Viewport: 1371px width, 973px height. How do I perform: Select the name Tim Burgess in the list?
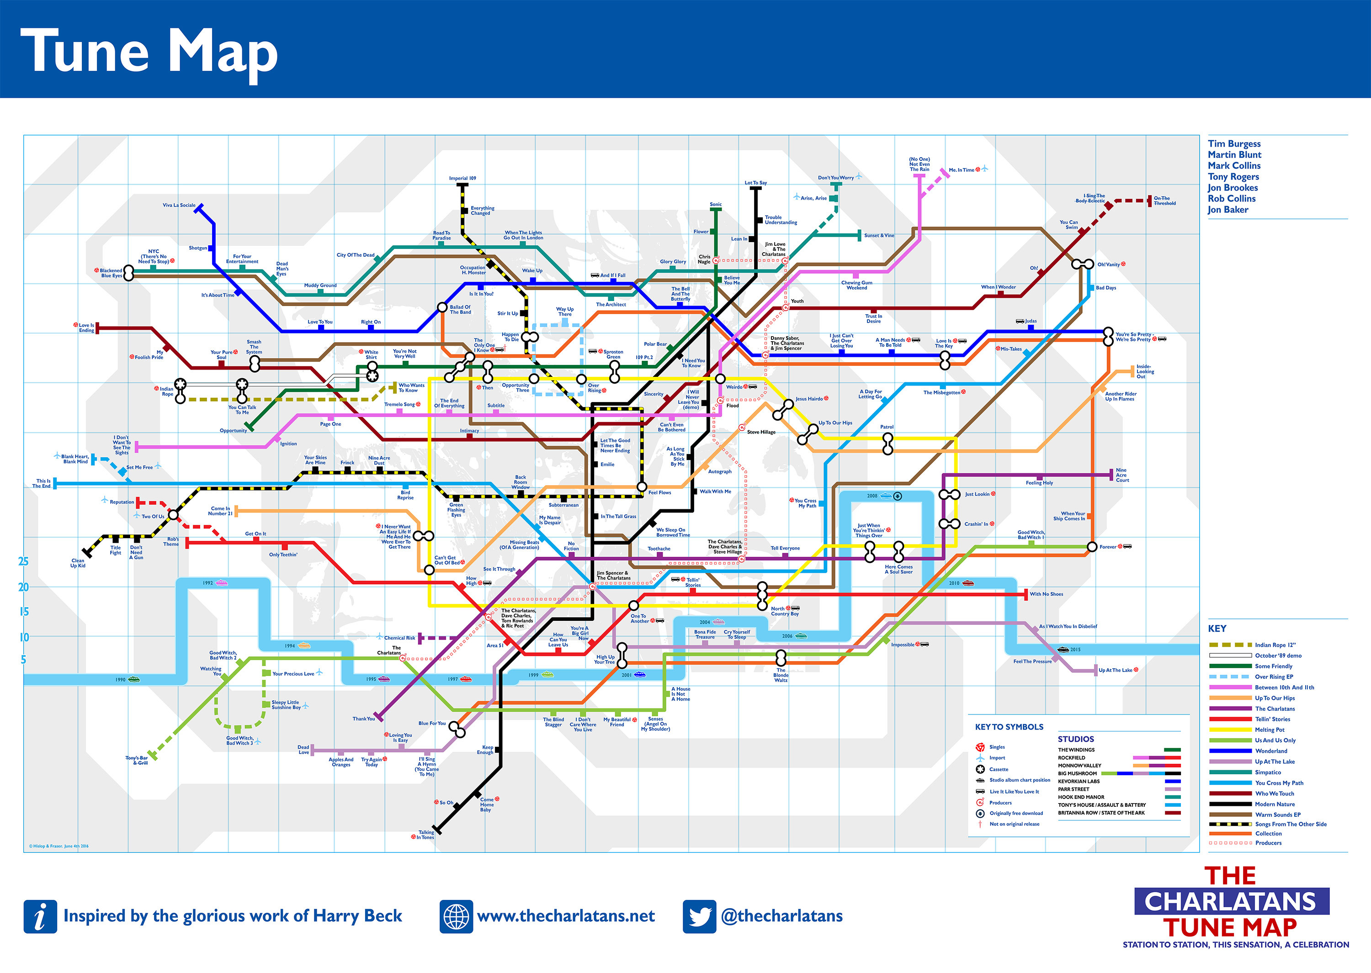1234,144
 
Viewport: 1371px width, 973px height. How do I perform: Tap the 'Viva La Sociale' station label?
179,205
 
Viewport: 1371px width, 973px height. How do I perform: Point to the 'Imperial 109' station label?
462,178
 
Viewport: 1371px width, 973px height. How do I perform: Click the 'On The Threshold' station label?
1164,201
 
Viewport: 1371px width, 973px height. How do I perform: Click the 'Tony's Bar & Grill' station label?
137,760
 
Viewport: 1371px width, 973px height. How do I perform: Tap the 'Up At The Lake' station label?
1115,670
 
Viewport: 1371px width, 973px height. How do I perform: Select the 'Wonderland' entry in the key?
1271,751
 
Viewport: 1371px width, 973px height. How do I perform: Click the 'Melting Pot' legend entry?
1269,730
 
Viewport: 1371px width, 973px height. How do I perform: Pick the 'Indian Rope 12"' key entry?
1275,645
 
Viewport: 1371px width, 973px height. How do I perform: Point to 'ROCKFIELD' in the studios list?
1071,757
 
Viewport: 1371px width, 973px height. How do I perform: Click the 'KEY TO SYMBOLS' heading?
1009,727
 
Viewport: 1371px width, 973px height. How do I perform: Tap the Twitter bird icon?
699,916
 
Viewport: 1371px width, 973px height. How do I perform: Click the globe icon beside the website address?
456,916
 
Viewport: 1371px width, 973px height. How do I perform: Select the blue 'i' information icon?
40,916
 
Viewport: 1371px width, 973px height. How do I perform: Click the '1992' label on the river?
207,582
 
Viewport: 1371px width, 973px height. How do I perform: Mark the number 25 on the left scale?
23,561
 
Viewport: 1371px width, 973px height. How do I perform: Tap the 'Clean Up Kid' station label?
78,563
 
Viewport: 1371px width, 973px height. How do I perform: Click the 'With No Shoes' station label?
1046,594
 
